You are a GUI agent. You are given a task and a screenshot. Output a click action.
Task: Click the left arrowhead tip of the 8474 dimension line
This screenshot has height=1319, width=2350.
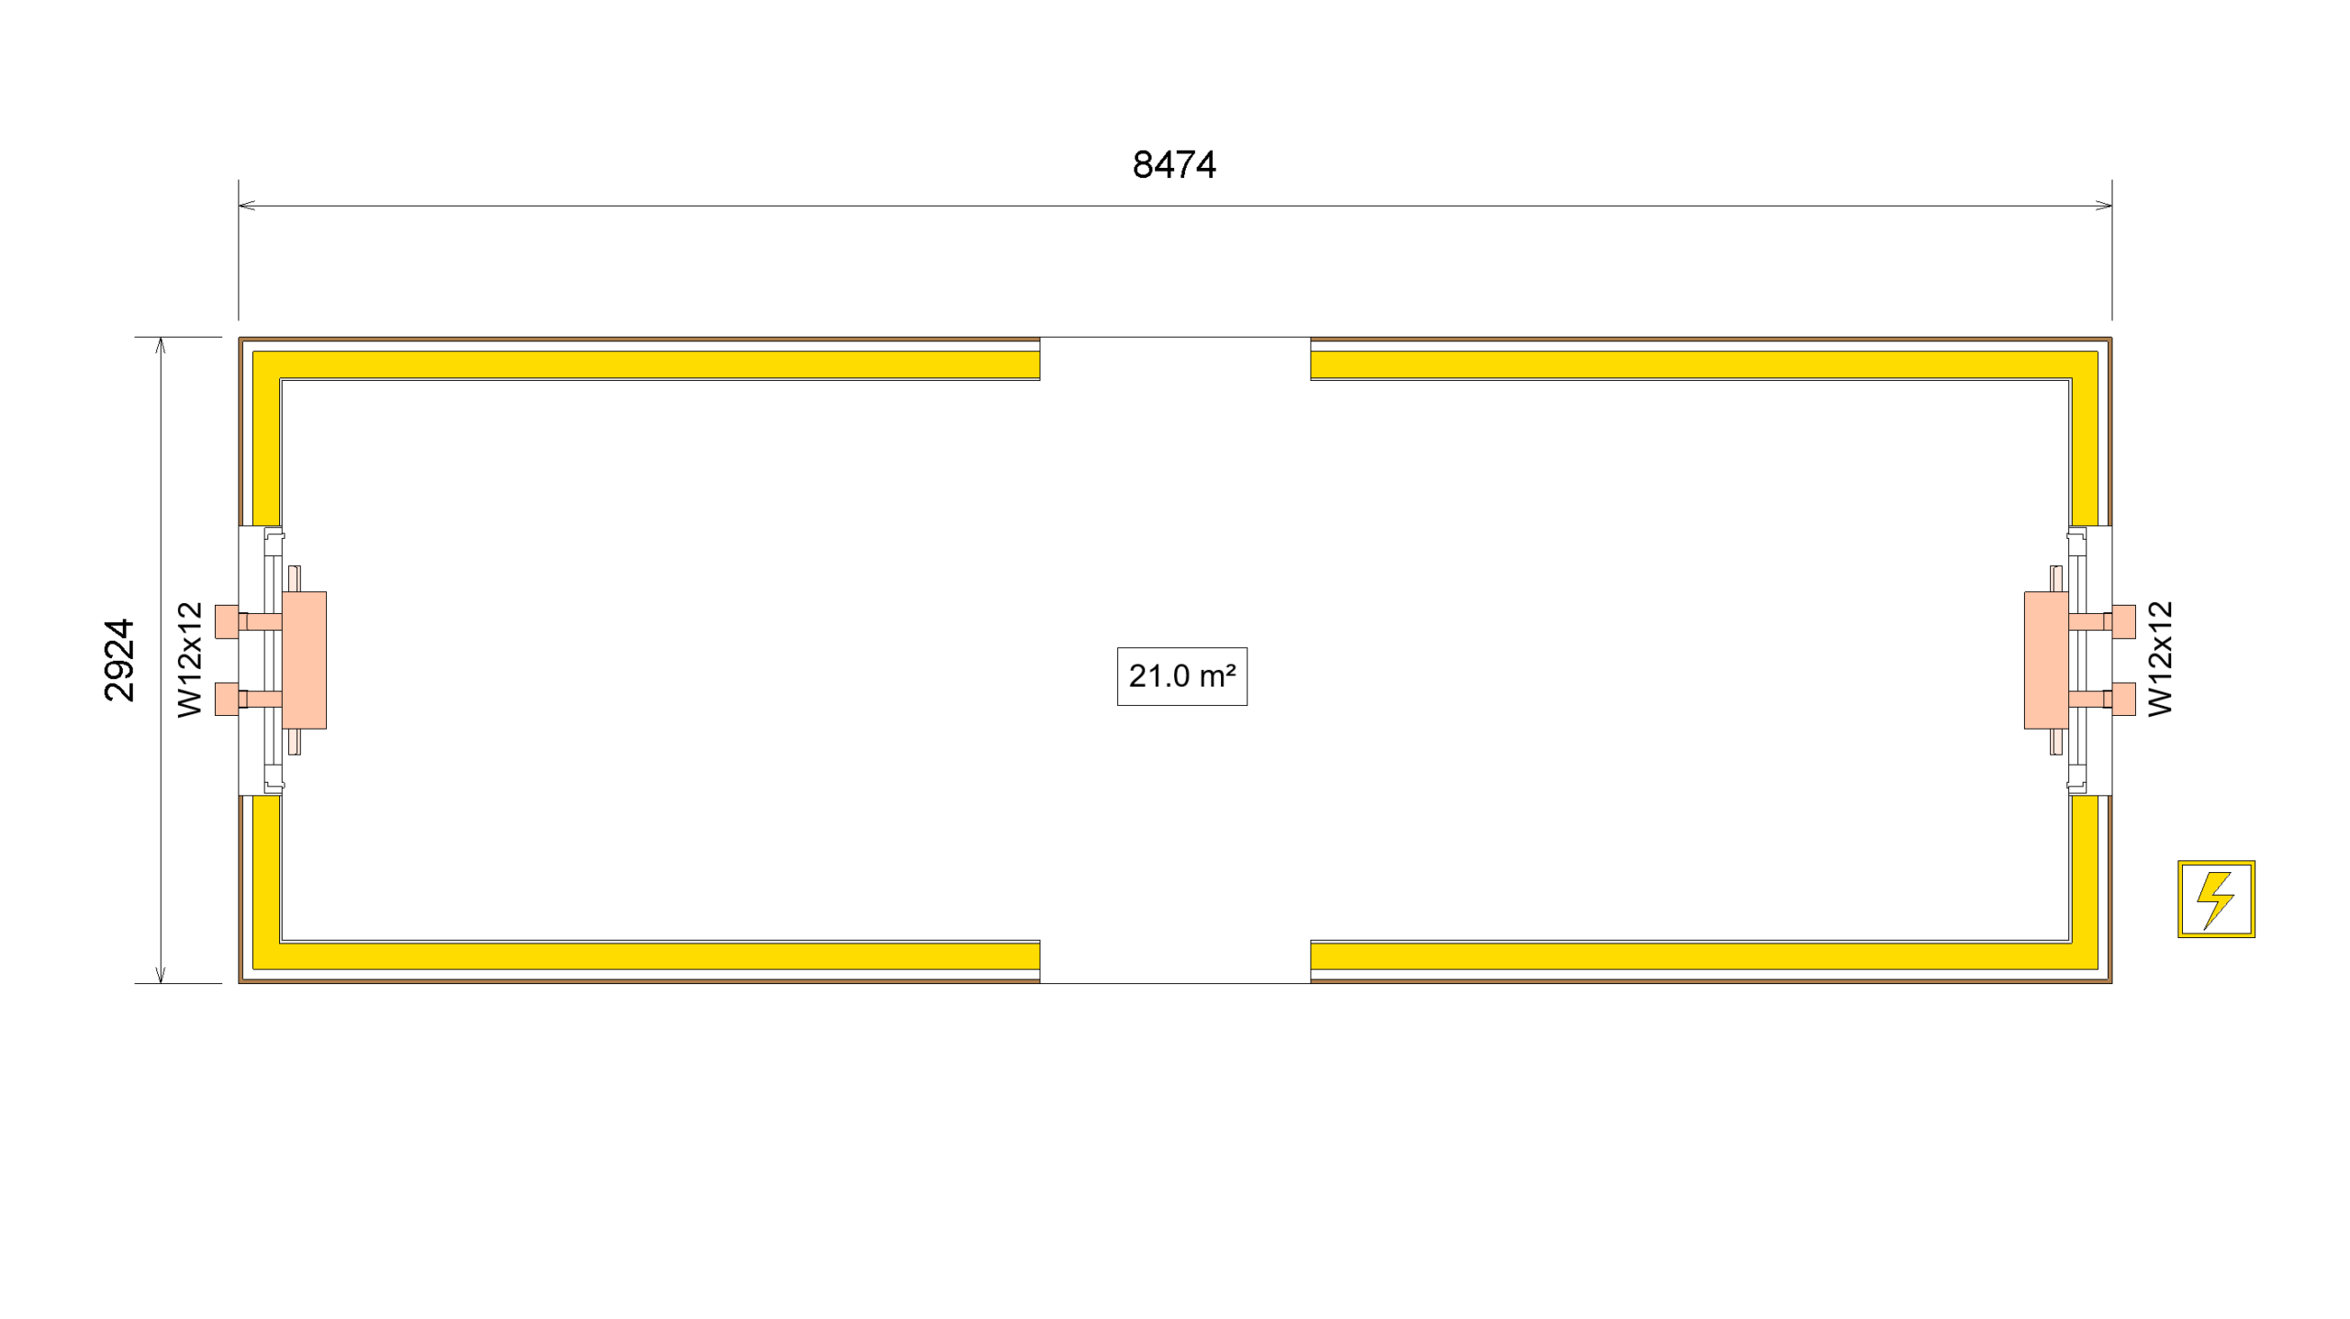[239, 206]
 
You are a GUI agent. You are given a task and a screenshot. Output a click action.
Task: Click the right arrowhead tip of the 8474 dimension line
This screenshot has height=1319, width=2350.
[2111, 206]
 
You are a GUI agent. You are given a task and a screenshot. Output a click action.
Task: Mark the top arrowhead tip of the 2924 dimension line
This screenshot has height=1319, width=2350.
[161, 338]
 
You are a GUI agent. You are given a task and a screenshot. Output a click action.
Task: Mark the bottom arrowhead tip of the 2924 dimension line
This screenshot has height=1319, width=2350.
[161, 983]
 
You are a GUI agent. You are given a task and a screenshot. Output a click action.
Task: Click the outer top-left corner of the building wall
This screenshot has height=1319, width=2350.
[239, 338]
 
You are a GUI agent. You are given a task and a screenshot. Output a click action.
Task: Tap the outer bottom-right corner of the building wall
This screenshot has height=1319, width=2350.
[2111, 983]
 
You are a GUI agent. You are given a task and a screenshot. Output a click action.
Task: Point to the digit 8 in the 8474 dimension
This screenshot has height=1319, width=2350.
[1143, 165]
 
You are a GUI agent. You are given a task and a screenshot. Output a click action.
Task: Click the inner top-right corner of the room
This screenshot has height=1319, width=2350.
[2069, 380]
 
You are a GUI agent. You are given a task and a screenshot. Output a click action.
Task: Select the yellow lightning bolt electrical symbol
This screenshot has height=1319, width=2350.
[2216, 899]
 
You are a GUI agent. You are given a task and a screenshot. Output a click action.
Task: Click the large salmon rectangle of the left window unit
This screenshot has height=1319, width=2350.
[304, 660]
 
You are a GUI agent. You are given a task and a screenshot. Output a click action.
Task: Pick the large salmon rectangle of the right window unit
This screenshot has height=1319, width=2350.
[2046, 660]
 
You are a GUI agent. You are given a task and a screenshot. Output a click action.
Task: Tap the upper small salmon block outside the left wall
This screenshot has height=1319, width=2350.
[227, 621]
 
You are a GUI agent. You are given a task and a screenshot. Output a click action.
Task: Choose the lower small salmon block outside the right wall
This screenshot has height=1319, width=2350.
[2123, 699]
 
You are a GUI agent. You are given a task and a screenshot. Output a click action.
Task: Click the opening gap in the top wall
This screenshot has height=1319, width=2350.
[1175, 359]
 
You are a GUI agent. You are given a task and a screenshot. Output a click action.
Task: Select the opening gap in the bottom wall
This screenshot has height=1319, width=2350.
[1175, 962]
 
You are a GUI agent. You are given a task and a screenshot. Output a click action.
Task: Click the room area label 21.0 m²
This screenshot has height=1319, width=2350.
[1182, 676]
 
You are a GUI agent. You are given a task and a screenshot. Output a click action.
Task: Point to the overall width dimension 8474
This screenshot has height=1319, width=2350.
[1174, 165]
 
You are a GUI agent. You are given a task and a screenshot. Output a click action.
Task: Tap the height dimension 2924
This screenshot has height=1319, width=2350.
[119, 660]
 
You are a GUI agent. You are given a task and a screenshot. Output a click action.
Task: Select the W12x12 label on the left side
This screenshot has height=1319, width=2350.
[189, 660]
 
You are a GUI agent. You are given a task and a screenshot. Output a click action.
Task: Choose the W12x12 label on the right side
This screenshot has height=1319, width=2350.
[2161, 658]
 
